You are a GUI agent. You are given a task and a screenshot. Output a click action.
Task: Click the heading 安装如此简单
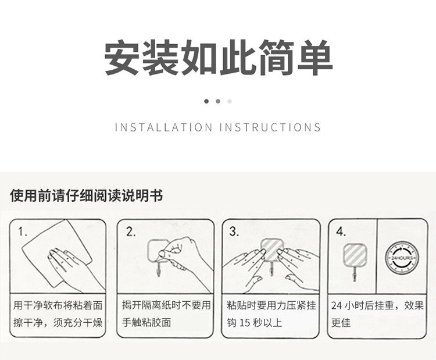coord(218,58)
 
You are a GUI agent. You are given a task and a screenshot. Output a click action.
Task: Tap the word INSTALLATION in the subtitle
coord(163,127)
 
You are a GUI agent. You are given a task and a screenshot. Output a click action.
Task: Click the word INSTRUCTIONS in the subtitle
coord(270,127)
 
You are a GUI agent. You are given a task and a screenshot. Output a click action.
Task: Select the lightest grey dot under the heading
coord(230,101)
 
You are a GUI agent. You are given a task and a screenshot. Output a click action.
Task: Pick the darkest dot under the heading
coord(206,101)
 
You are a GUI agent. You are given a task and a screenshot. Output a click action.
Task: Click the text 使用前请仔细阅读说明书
coord(87,195)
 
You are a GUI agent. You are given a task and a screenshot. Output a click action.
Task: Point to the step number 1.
coord(23,231)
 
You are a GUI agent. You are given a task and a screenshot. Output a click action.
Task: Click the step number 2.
coord(131,231)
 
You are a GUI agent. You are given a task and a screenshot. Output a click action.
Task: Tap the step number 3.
coord(234,231)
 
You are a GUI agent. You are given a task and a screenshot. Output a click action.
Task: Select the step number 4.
coord(341,231)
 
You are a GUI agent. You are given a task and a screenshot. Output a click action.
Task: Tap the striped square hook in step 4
coord(354,255)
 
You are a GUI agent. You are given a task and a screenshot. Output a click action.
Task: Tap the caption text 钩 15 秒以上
coord(254,322)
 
